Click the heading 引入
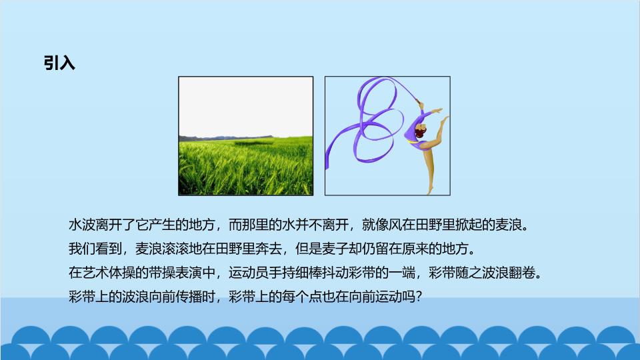tap(59, 63)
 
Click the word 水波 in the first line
tap(81, 225)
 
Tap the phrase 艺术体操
tap(109, 272)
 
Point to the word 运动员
tap(249, 272)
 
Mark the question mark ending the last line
tap(417, 296)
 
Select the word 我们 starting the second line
tap(81, 249)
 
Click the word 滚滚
tap(175, 249)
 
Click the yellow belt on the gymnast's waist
tap(412, 141)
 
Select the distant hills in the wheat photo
tap(226, 137)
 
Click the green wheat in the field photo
tap(246, 167)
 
